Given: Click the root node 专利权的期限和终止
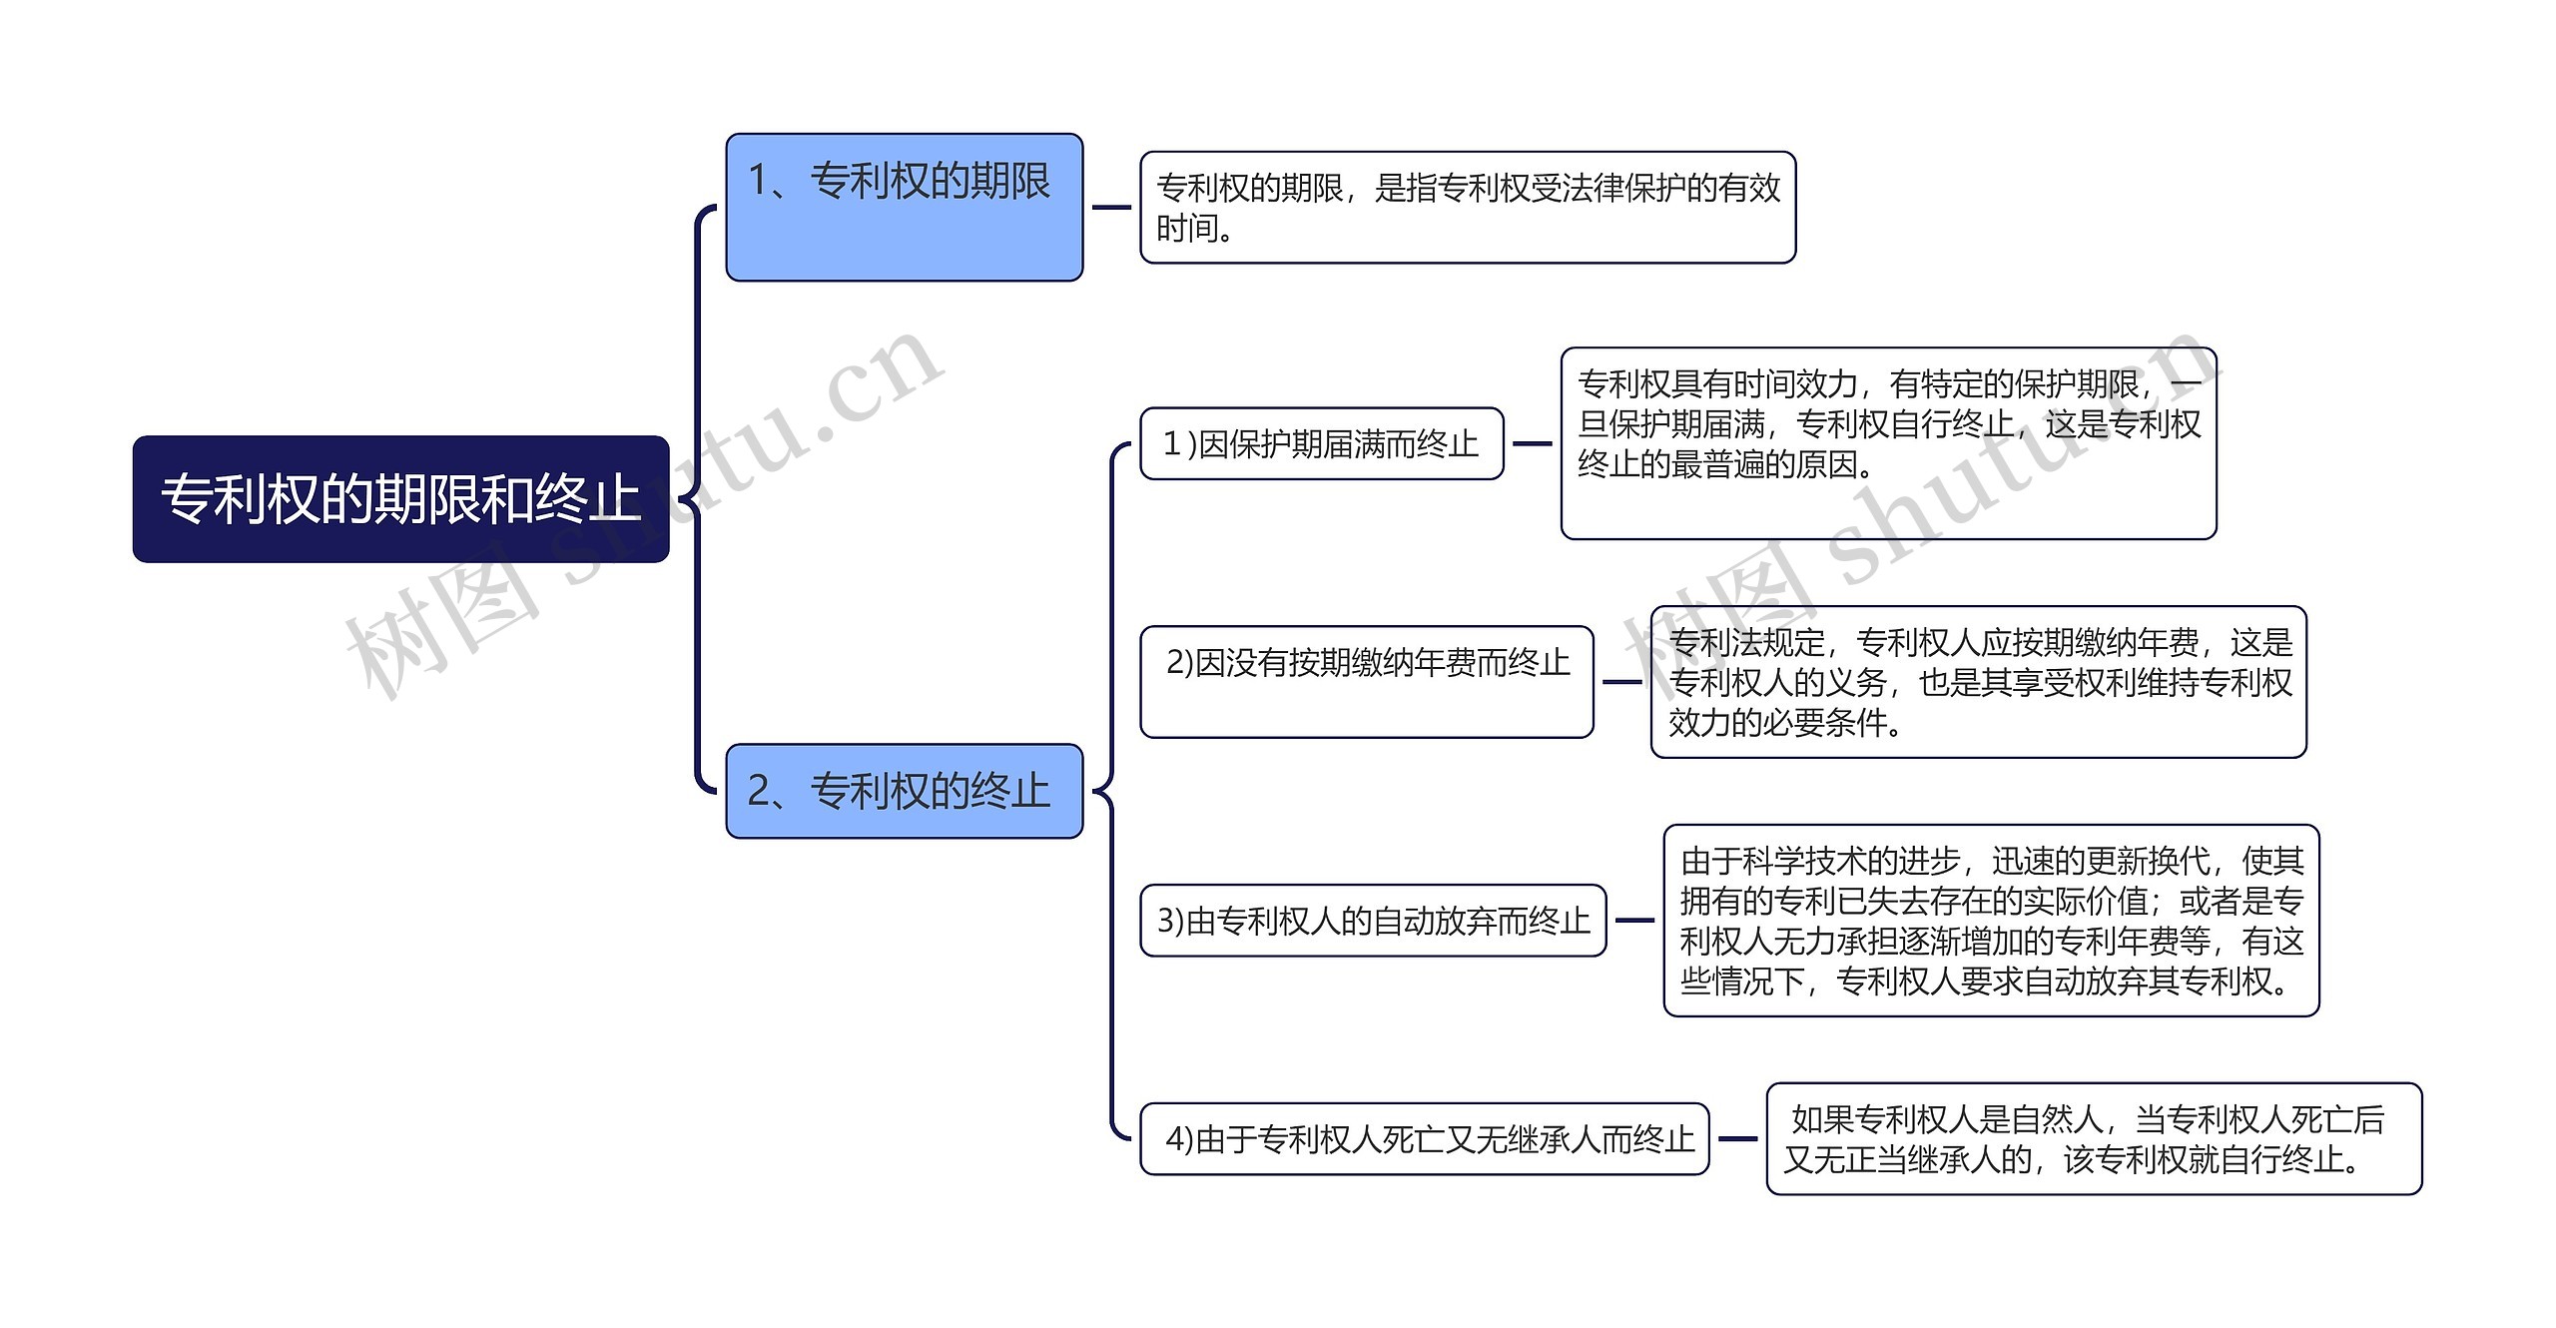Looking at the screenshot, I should click(400, 498).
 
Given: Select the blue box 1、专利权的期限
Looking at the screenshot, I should click(904, 207).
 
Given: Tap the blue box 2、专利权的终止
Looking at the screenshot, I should click(904, 791).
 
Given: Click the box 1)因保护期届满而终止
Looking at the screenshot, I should click(1321, 443).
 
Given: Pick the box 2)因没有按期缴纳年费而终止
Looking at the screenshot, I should click(1366, 682).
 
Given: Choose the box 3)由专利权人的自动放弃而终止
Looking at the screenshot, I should click(1373, 920).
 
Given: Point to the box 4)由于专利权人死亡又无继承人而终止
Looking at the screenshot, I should click(1424, 1138).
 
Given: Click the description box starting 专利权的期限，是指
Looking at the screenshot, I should click(1467, 208).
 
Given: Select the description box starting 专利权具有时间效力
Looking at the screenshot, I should click(1887, 443).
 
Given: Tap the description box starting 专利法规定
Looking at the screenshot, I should click(1978, 682).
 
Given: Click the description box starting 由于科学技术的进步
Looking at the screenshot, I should click(1990, 920).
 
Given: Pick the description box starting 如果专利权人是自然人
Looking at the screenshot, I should click(2094, 1138).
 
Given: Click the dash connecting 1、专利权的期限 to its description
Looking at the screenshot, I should click(1111, 208).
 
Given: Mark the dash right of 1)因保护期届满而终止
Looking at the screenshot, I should click(1533, 443).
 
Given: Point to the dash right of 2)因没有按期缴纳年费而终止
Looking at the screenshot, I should click(1622, 682).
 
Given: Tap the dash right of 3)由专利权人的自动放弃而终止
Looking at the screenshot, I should click(1634, 920).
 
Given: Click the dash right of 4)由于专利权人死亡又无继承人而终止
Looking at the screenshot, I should click(1737, 1138).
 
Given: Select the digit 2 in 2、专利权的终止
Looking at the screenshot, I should click(759, 791).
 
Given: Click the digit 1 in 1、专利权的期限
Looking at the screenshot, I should click(759, 181).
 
